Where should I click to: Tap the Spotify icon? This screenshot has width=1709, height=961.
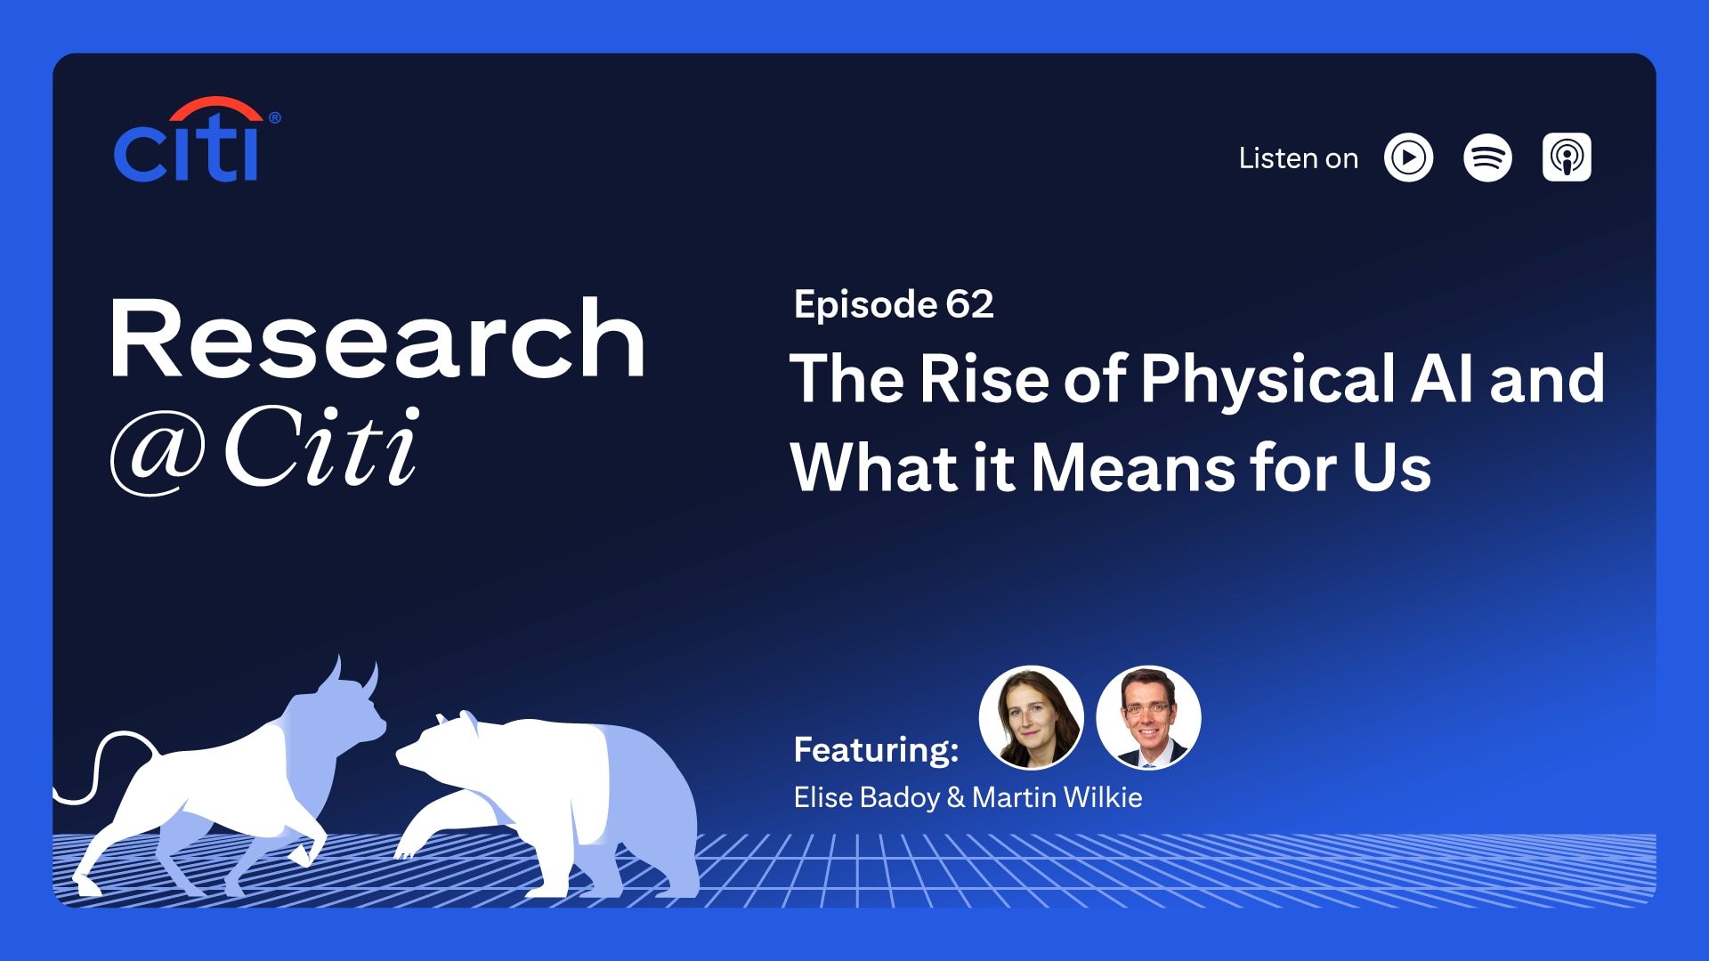click(1487, 158)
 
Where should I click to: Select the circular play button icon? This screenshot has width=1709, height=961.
click(1408, 158)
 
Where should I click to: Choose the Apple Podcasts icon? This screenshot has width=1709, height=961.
click(1567, 158)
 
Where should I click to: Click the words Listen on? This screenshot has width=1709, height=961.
click(1298, 158)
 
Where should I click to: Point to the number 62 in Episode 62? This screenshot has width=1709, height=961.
click(969, 304)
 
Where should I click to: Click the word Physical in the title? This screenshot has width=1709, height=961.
click(1268, 379)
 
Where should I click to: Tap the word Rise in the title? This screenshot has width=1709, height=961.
click(984, 379)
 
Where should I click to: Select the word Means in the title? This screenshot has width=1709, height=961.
click(1133, 468)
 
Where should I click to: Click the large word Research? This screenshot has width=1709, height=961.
click(377, 340)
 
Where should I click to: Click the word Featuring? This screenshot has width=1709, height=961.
click(876, 749)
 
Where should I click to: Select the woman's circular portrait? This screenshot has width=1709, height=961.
click(1031, 717)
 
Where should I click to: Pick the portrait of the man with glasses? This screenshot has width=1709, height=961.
click(1148, 717)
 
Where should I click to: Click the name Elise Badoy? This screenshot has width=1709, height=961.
click(866, 797)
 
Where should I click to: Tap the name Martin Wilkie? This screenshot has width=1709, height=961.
click(1057, 797)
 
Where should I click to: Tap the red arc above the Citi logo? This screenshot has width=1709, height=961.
click(215, 108)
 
